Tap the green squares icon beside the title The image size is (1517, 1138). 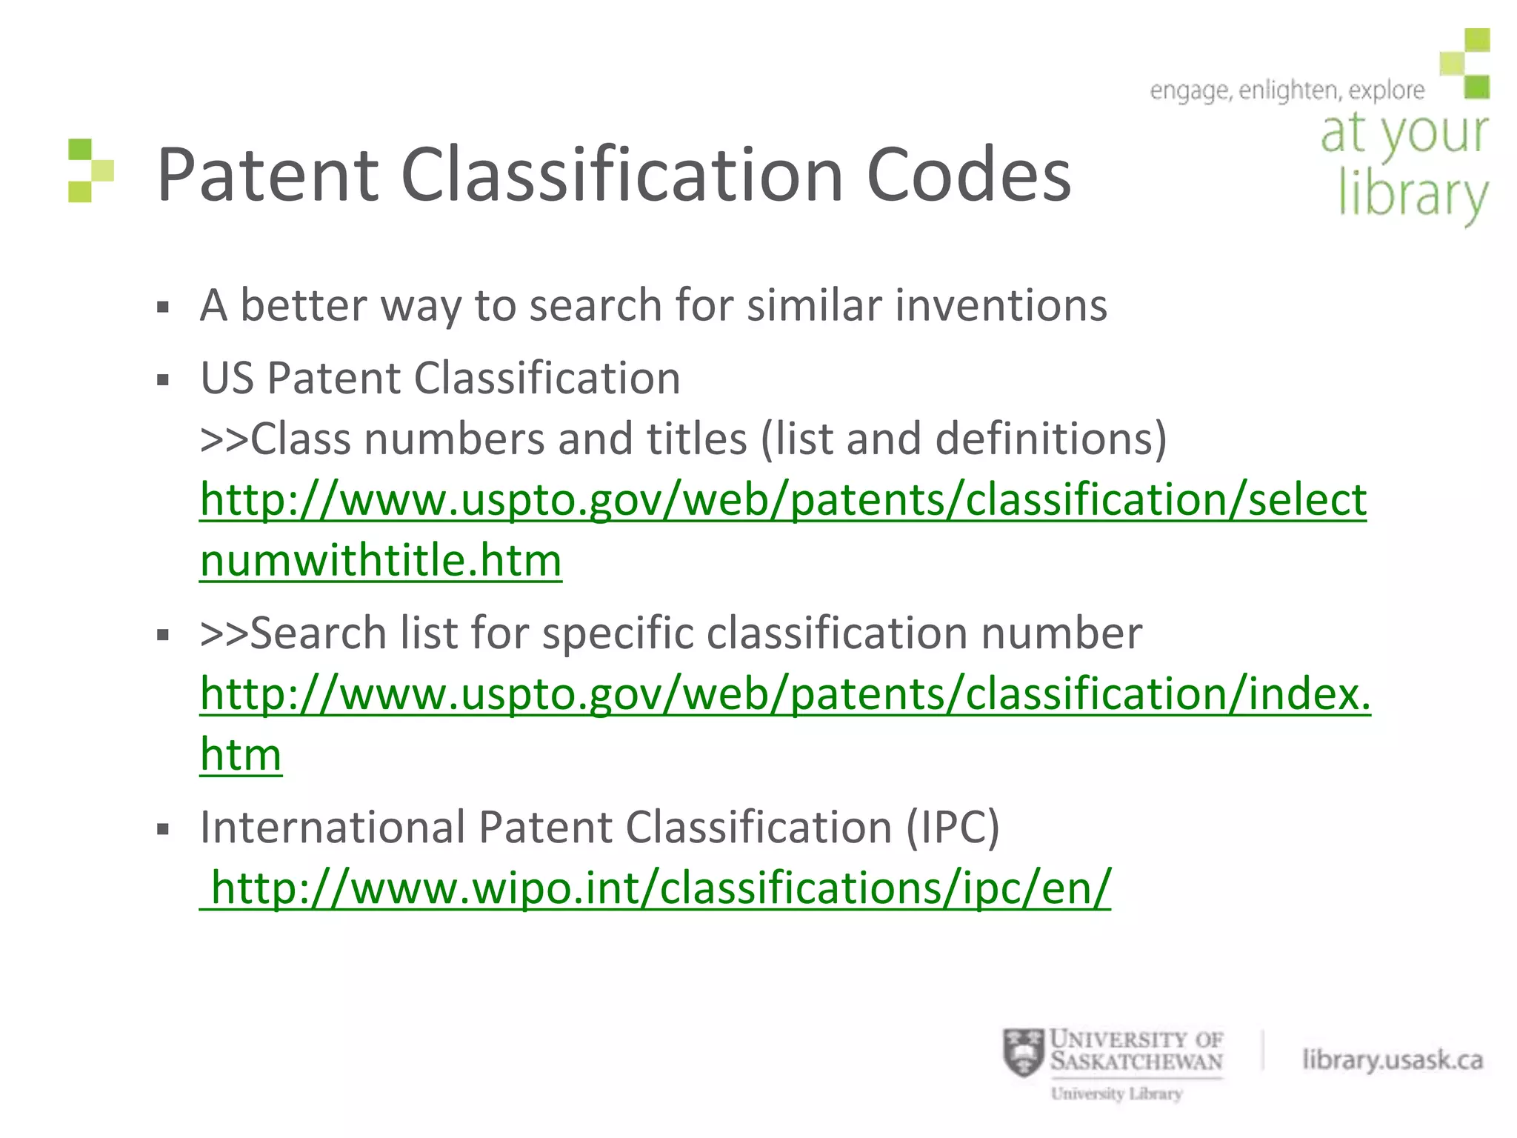coord(90,170)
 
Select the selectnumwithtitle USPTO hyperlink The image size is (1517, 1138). coord(782,501)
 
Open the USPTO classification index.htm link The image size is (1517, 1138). coord(785,695)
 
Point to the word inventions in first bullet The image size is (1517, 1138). coord(1001,305)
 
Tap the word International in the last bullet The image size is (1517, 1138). coord(332,827)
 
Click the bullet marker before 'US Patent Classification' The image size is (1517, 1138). coord(164,381)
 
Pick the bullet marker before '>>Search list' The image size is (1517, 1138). coord(164,635)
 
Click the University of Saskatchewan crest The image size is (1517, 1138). coord(1022,1053)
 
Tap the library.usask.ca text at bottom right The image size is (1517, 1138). coord(1393,1060)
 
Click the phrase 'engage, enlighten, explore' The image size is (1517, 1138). coord(1287,91)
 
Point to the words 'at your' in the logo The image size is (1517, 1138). coord(1404,134)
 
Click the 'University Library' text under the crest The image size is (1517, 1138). coord(1116,1094)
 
